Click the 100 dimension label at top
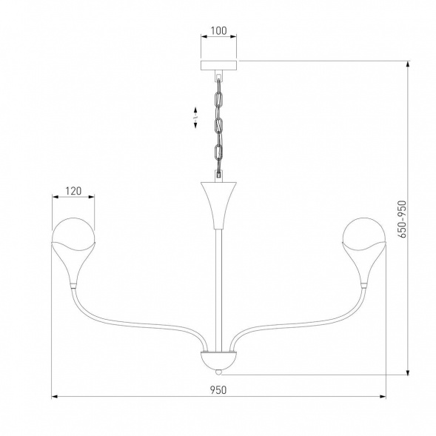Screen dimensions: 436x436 pos(219,33)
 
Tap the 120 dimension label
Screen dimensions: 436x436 pos(73,190)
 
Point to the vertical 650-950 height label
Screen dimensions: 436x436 pos(403,215)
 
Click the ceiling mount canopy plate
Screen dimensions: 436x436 pos(219,65)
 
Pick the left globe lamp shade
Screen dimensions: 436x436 pos(73,232)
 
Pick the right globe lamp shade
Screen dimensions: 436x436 pos(363,232)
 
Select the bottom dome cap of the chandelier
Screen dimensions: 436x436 pos(218,360)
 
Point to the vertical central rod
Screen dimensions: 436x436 pos(218,289)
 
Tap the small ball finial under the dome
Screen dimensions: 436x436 pos(218,370)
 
